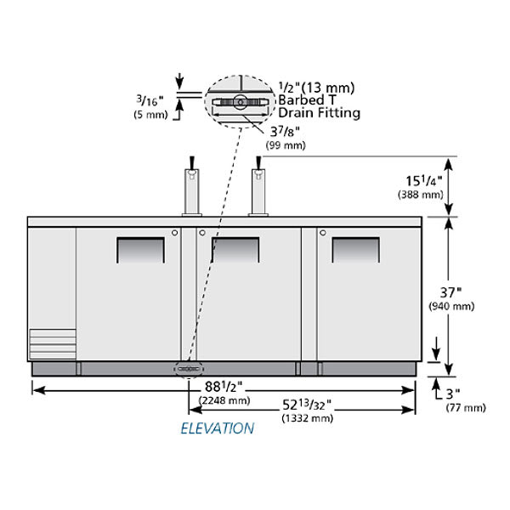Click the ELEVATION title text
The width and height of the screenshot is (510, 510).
[x=218, y=428]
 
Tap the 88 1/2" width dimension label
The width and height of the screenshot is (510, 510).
[x=224, y=387]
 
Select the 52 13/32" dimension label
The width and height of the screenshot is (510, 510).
[x=307, y=405]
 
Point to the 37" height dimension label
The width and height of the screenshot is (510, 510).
[x=450, y=293]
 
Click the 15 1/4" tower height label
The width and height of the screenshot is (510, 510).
[x=424, y=181]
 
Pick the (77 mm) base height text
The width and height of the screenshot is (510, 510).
[x=466, y=407]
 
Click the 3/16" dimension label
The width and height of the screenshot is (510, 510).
[x=150, y=100]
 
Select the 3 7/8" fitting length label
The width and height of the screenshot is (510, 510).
[x=285, y=132]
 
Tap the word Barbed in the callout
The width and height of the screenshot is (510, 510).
[x=302, y=99]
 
